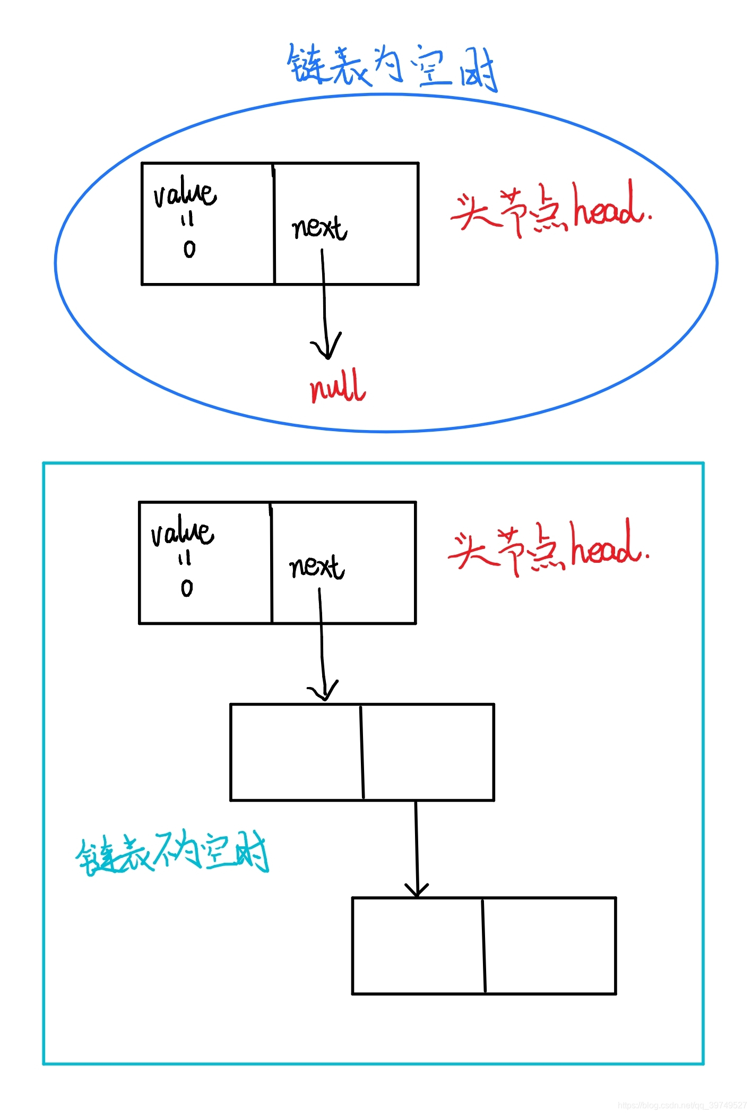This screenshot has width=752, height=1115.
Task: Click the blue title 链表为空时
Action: tap(392, 68)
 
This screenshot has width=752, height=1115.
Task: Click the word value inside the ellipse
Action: tap(185, 192)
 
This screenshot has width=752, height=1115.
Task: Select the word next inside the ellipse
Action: tap(319, 228)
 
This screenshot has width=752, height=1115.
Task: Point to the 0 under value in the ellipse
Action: tap(189, 249)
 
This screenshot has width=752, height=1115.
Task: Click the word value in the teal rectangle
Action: tap(182, 531)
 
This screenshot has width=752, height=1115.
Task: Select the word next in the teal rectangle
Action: tap(316, 567)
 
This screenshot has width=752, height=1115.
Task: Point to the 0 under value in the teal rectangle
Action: tap(187, 588)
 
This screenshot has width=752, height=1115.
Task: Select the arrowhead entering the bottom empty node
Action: tap(417, 890)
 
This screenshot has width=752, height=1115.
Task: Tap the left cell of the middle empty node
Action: tap(296, 752)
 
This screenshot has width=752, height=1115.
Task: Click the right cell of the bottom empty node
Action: tap(550, 946)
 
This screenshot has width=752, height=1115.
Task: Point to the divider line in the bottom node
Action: tap(484, 946)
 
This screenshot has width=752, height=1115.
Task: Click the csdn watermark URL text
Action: tap(681, 1105)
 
